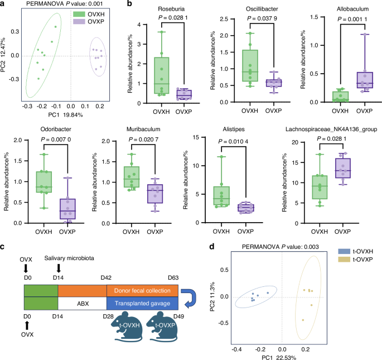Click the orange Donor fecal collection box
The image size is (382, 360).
[x=142, y=291]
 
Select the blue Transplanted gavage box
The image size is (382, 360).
[x=142, y=303]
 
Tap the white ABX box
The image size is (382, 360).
[x=82, y=303]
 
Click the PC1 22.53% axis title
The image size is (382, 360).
[x=283, y=349]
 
